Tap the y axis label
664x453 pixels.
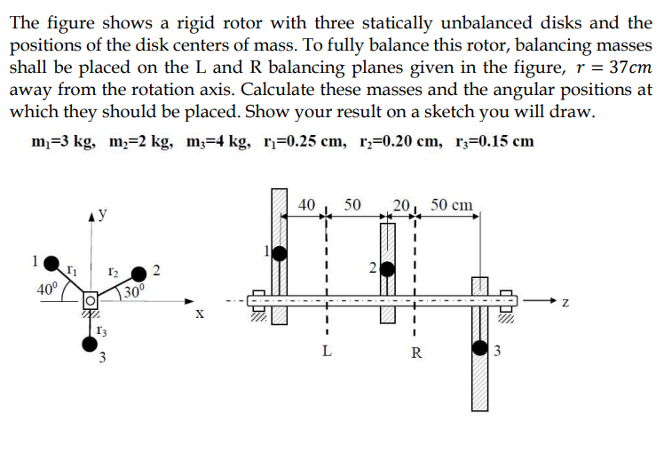coord(103,214)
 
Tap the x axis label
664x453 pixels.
coord(200,314)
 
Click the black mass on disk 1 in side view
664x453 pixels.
coord(280,253)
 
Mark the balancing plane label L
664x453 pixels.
coord(327,353)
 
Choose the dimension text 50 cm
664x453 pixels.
coord(452,204)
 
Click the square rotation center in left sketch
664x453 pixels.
coord(90,299)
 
